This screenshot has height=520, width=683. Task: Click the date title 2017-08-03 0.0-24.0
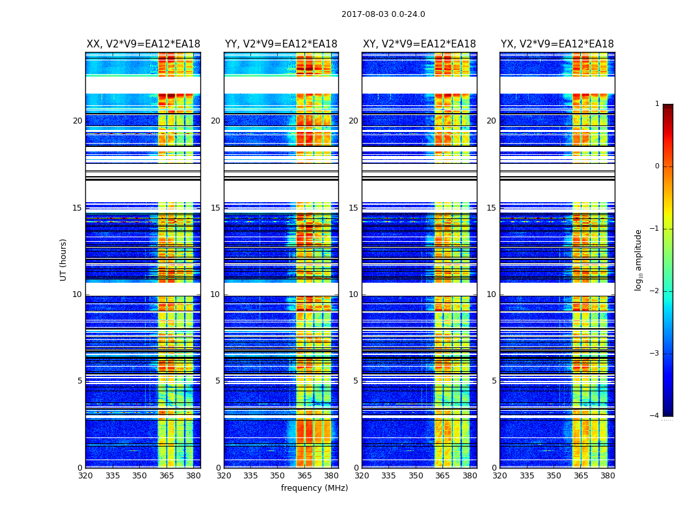click(383, 14)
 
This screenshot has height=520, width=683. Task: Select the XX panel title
click(143, 44)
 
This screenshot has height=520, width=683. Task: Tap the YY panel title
click(281, 44)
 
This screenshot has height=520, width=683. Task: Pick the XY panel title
click(419, 44)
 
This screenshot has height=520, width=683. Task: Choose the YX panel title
click(557, 44)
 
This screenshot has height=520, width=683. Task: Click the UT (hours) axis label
click(64, 259)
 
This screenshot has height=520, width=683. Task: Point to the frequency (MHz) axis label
click(314, 488)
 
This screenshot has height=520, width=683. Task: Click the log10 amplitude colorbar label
click(639, 259)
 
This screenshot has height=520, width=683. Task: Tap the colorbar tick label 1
click(656, 104)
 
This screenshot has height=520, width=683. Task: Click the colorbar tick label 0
click(656, 166)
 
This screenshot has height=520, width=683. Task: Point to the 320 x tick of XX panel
click(85, 476)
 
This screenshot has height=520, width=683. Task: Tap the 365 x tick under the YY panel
click(304, 476)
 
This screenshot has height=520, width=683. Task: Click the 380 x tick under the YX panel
click(608, 476)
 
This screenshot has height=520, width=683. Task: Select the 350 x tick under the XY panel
click(416, 476)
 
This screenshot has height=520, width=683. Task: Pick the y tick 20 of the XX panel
click(77, 121)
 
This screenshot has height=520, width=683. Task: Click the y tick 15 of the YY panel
click(215, 208)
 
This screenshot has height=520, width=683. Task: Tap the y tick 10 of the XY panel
click(353, 294)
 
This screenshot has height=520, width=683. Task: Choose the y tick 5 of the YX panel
click(494, 381)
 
